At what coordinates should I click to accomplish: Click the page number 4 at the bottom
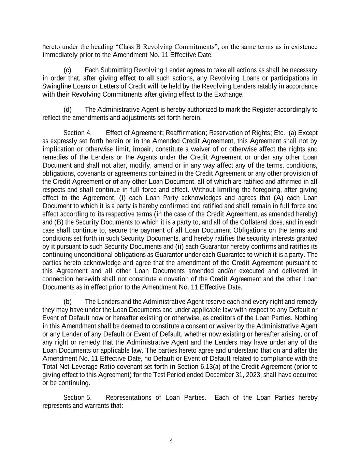(x=171, y=441)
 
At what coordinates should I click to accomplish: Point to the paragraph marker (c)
(x=68, y=70)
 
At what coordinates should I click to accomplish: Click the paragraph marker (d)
(x=68, y=110)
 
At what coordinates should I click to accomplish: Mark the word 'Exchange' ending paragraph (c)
(x=231, y=95)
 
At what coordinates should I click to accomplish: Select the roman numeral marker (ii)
(x=179, y=246)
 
